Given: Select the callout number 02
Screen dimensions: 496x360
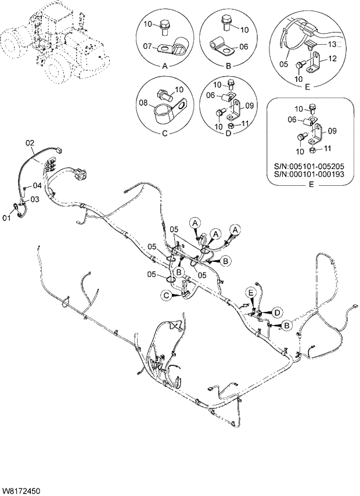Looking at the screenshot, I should (x=31, y=142).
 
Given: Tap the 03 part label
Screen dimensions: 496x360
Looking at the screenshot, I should (x=34, y=199).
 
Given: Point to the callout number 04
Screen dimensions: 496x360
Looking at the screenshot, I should (x=37, y=186).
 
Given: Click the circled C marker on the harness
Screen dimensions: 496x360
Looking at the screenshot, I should (x=167, y=296).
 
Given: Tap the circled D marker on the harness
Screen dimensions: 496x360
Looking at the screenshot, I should (x=277, y=312).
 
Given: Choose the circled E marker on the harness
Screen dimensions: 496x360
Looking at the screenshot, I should (x=252, y=291).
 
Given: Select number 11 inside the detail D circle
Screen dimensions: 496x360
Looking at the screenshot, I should (x=246, y=123).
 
